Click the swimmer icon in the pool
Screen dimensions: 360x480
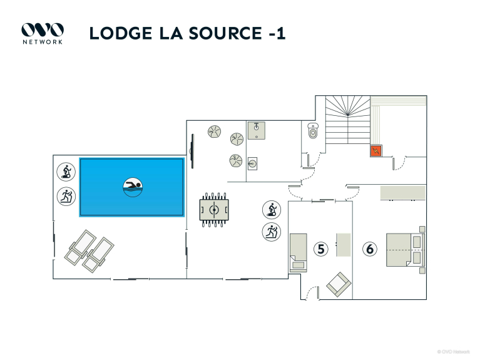[x=133, y=187]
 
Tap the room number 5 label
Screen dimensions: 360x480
[x=321, y=249]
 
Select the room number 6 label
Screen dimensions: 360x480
[x=370, y=249]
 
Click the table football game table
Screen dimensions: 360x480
[x=213, y=209]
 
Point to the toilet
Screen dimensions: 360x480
[x=314, y=131]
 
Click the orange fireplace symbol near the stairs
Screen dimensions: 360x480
[x=376, y=151]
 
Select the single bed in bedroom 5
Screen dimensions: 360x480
[x=299, y=252]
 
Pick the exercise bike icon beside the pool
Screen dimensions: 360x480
[x=65, y=172]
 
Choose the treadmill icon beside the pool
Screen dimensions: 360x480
[x=65, y=197]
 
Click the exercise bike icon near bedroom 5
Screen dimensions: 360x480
[x=271, y=209]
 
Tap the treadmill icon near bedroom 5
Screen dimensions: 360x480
[x=271, y=232]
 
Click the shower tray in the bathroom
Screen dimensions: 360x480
[x=257, y=130]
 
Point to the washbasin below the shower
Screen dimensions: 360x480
[x=253, y=164]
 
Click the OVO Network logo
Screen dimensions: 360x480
[x=43, y=33]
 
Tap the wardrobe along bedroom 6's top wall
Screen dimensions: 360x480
[x=403, y=192]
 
